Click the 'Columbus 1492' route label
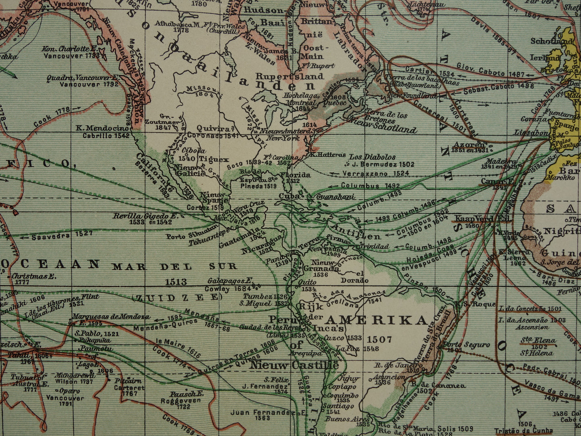(x=370, y=186)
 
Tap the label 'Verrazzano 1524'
(x=376, y=174)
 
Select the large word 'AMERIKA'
(x=376, y=320)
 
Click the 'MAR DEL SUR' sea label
(x=175, y=266)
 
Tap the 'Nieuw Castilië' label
(x=294, y=366)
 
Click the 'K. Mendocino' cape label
(x=103, y=128)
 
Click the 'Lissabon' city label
(x=531, y=132)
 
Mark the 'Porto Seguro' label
(x=466, y=345)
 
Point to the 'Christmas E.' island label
(x=34, y=276)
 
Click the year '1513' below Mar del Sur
(x=176, y=282)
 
